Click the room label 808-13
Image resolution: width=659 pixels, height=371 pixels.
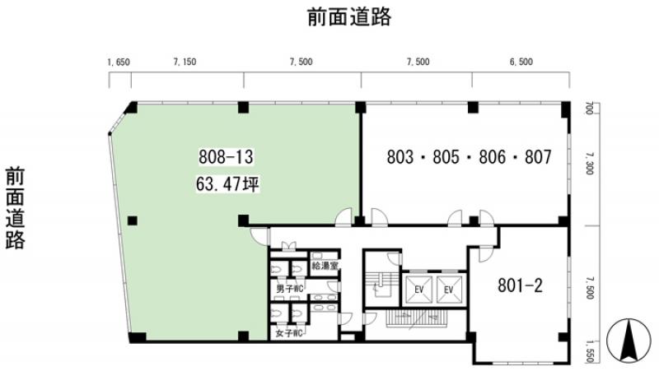pos(226,157)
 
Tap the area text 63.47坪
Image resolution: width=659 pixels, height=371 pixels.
pos(227,183)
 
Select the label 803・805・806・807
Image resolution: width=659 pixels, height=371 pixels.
pos(469,157)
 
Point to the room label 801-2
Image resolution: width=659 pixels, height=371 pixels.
pos(521,285)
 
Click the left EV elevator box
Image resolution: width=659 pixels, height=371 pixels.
pos(418,290)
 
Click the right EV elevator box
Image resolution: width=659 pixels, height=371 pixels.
pos(449,290)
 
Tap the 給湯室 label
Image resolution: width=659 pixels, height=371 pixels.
pos(325,266)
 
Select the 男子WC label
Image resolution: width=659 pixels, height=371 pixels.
pos(290,289)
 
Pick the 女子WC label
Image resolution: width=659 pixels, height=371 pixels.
pos(290,334)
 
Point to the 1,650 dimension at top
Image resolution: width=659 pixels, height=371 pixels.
pos(119,63)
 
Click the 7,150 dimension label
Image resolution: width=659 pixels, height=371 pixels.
pos(185,62)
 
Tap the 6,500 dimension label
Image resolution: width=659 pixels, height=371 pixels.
pos(521,62)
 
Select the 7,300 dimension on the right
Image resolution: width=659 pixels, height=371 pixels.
pos(589,163)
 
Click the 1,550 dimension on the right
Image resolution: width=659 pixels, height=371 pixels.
pos(589,351)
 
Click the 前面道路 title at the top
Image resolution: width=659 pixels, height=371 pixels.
pos(349,16)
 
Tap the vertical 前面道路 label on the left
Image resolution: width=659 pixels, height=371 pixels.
pos(15,208)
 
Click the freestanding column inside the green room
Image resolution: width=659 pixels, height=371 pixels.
pos(133,220)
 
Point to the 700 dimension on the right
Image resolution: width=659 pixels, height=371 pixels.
pos(589,109)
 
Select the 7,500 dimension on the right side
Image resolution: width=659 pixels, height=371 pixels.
pos(589,287)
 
